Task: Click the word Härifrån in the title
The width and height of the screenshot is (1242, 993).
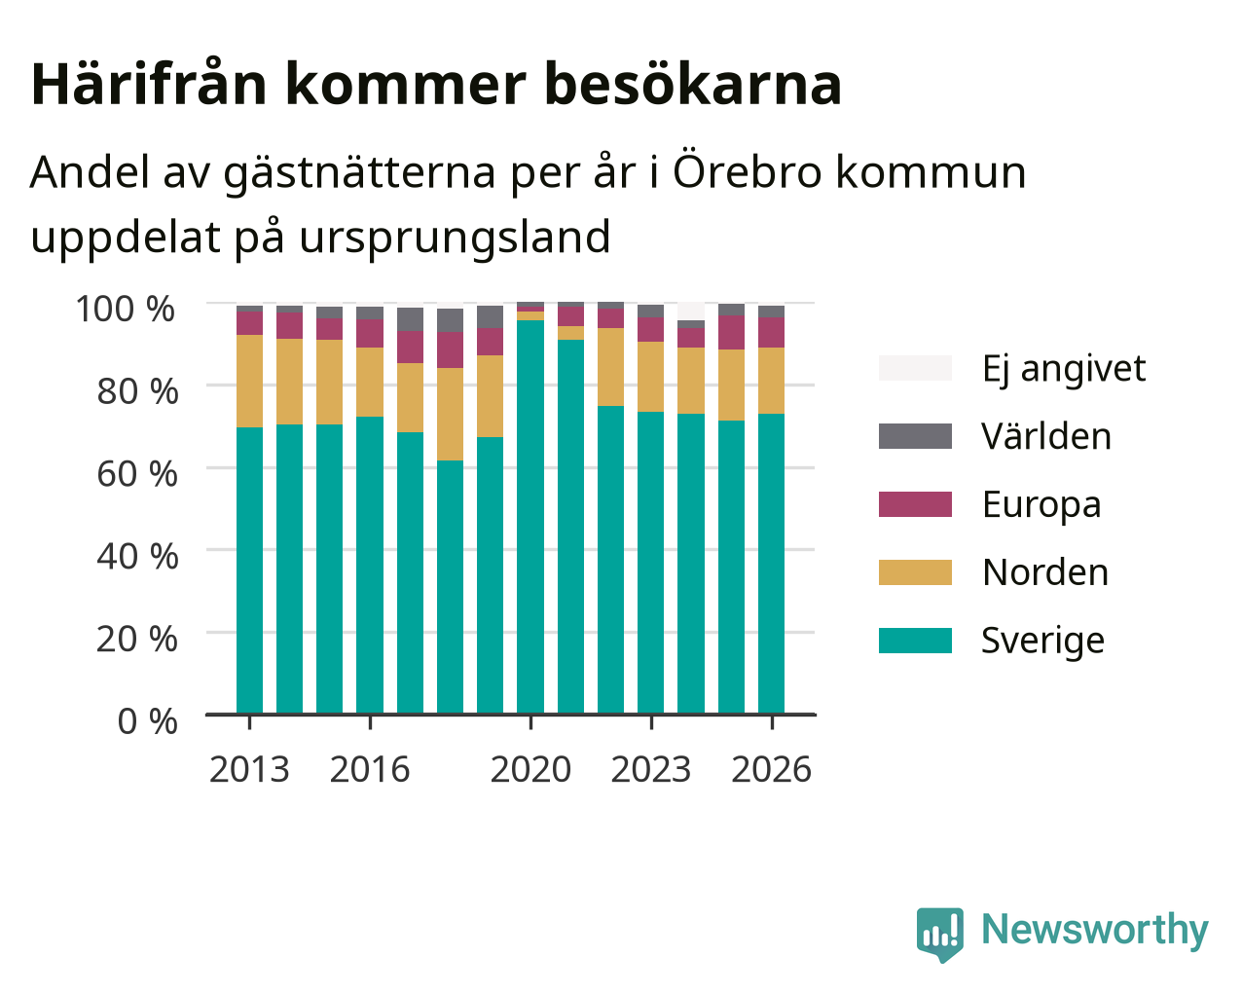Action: click(x=149, y=84)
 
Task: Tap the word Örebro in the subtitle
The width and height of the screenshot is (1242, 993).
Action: click(x=747, y=171)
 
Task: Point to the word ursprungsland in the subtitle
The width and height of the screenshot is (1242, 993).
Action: click(x=455, y=238)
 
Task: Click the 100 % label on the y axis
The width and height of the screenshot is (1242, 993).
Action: click(x=126, y=309)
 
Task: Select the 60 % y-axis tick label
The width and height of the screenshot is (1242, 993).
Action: click(x=137, y=474)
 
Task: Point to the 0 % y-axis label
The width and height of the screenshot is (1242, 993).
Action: click(x=148, y=721)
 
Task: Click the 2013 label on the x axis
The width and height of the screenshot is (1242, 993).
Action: click(x=249, y=769)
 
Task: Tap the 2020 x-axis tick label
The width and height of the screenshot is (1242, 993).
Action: click(x=530, y=769)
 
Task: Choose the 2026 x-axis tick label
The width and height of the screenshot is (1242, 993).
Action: click(x=772, y=769)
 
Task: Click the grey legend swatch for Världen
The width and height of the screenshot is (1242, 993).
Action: click(x=915, y=436)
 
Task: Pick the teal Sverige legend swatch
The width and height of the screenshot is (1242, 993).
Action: click(x=915, y=641)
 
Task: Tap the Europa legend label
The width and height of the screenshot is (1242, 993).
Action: click(x=1041, y=505)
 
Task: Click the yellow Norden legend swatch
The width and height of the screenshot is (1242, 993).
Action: click(x=915, y=572)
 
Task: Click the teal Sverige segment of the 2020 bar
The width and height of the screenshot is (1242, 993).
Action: click(x=530, y=517)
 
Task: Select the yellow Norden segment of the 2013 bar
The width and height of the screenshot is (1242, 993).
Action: click(x=249, y=381)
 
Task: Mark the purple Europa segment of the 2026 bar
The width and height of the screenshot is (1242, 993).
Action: click(x=771, y=333)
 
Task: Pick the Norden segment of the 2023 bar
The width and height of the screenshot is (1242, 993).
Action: click(x=650, y=377)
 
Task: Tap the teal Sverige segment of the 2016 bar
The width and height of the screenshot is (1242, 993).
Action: click(x=369, y=566)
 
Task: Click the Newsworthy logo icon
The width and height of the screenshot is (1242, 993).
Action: click(x=940, y=935)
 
